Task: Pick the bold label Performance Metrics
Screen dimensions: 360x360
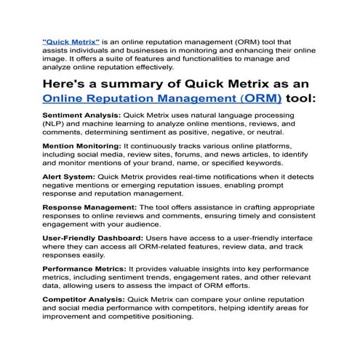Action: coord(86,268)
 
